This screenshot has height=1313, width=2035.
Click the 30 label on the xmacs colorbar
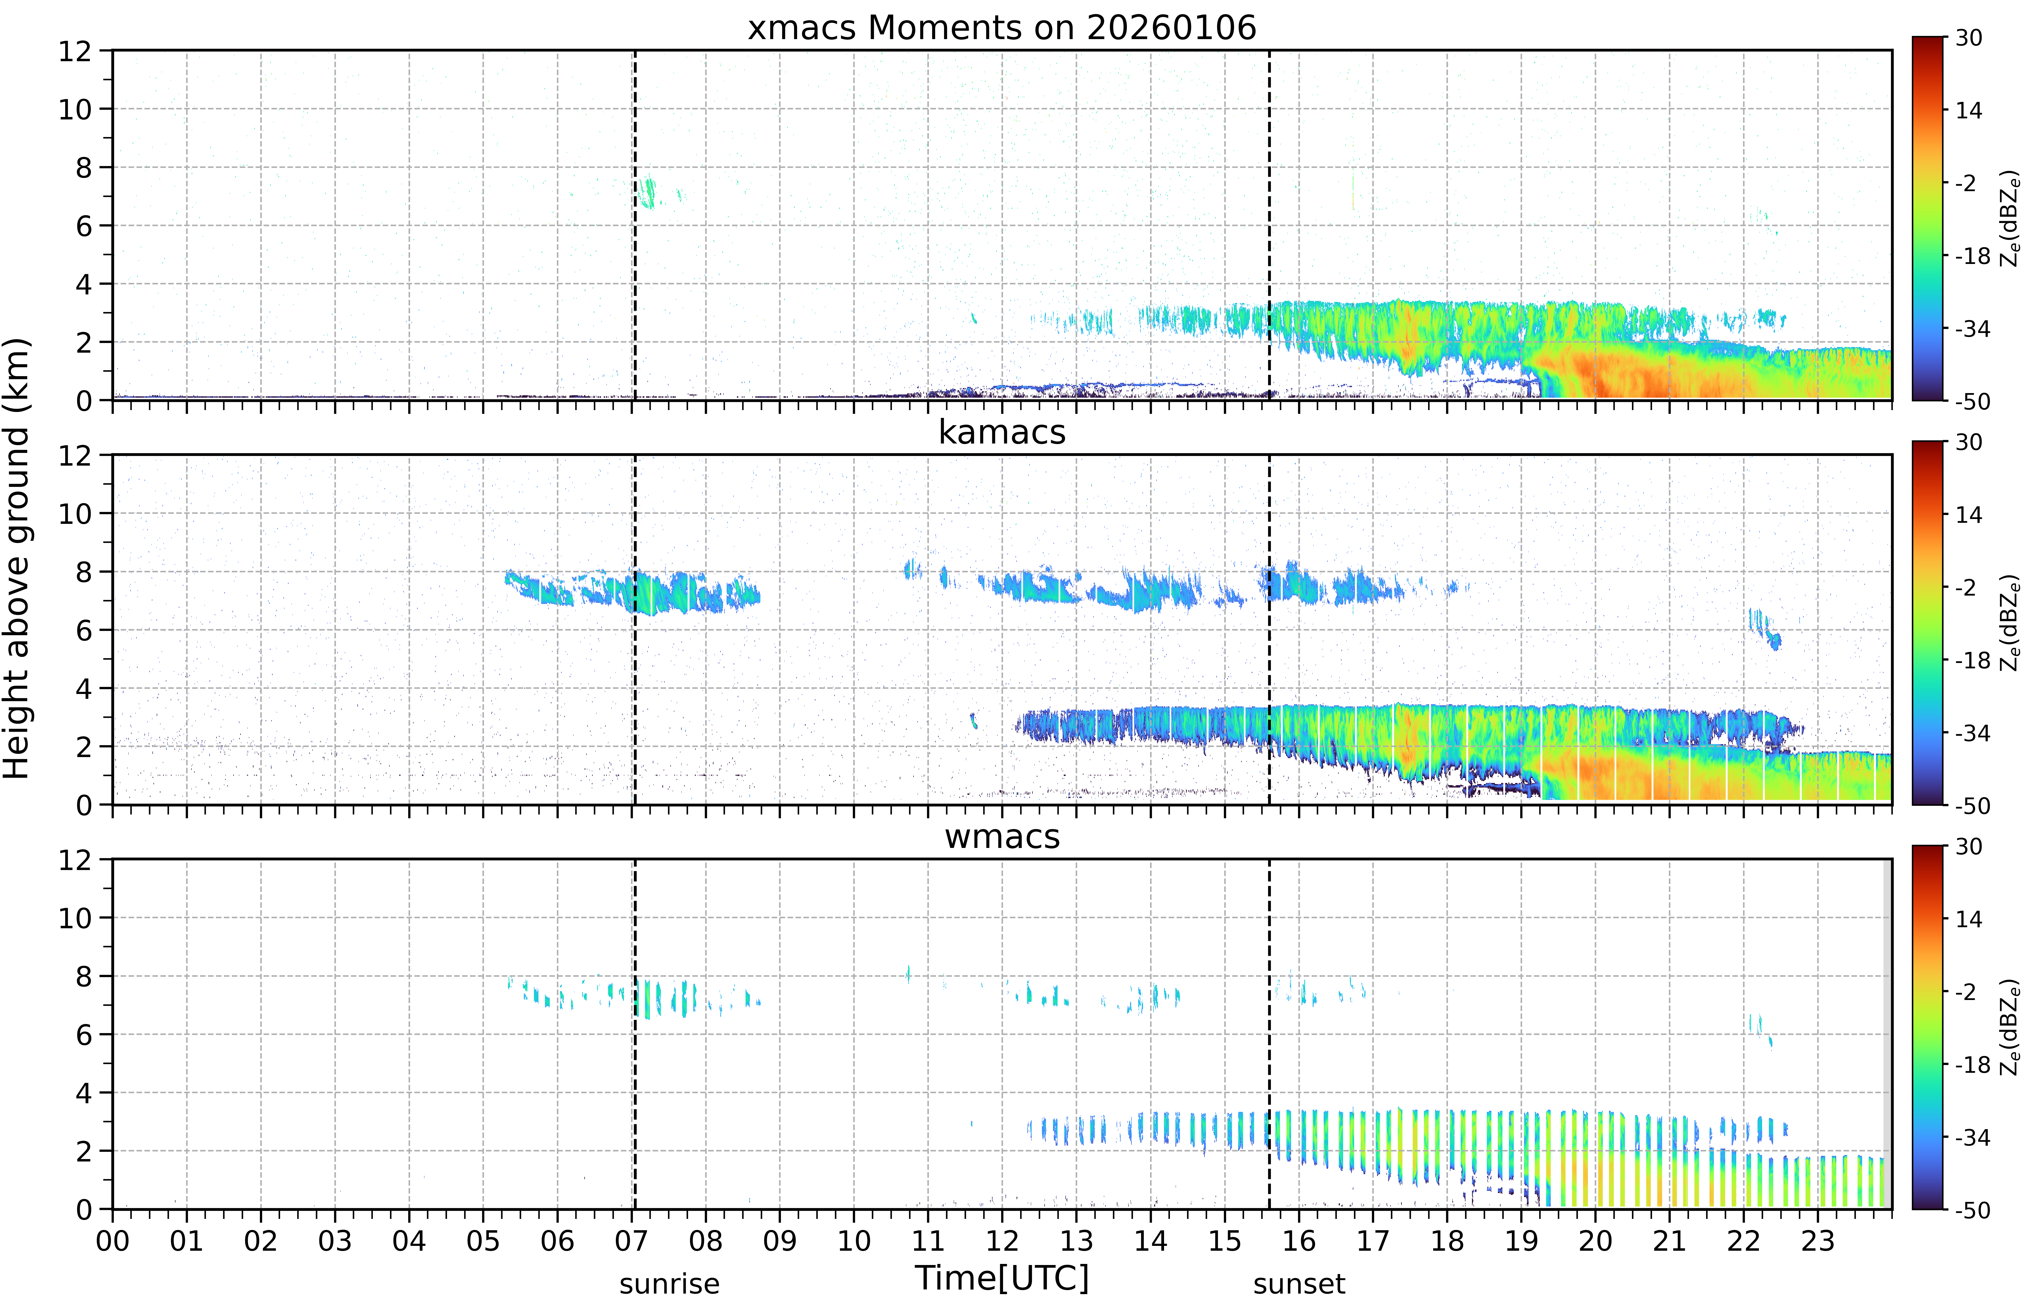pyautogui.click(x=1968, y=38)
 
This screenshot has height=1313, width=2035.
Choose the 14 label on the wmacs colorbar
pyautogui.click(x=1968, y=919)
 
